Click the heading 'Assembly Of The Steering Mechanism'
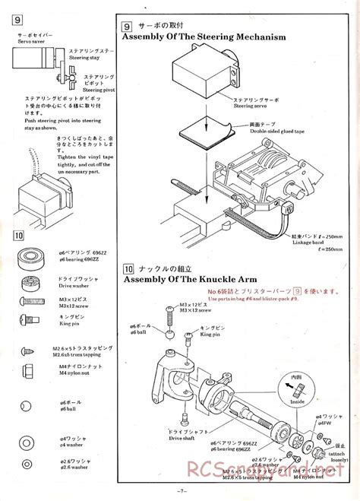coord(204,36)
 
